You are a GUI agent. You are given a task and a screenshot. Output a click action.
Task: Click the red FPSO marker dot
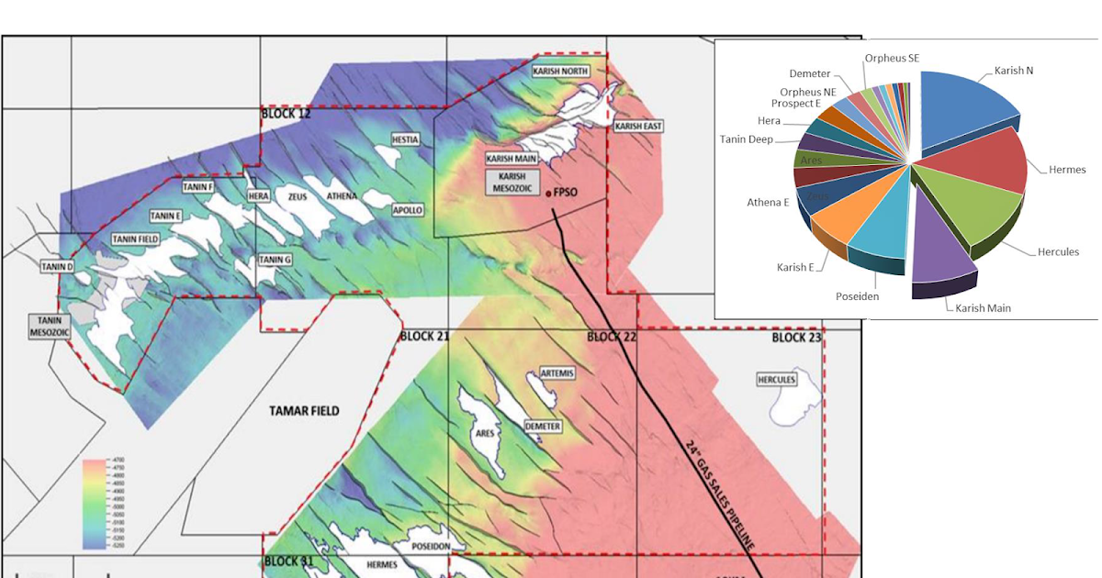(549, 194)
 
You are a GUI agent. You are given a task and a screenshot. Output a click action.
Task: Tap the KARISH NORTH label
(561, 72)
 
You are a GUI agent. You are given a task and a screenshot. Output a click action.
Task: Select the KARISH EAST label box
(638, 126)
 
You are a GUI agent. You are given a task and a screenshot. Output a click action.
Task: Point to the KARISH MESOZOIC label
(512, 181)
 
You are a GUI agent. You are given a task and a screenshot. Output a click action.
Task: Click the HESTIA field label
(405, 140)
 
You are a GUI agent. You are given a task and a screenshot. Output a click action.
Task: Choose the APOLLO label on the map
(408, 210)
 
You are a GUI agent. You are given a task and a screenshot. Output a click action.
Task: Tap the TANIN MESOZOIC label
(44, 326)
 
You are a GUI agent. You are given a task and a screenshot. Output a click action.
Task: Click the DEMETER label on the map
(542, 427)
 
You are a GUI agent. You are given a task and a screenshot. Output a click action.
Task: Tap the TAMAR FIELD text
(304, 410)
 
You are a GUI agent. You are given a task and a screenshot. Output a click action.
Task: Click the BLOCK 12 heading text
(287, 114)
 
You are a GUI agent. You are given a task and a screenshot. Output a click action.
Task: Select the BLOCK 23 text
(796, 338)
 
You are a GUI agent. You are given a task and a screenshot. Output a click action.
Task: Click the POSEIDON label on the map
(430, 546)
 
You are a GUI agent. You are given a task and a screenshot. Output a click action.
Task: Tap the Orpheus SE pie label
(892, 59)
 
